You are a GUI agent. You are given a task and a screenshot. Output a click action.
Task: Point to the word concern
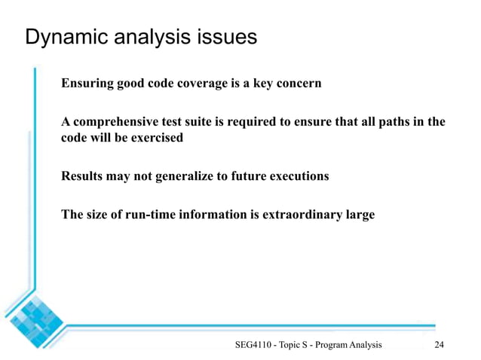pyautogui.click(x=297, y=83)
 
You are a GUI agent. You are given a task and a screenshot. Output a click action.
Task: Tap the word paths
pyautogui.click(x=389, y=122)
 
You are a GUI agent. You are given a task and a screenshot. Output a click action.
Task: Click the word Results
pyautogui.click(x=82, y=176)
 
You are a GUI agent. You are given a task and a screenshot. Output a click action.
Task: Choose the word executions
pyautogui.click(x=297, y=176)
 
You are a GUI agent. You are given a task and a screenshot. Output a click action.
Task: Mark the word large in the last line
pyautogui.click(x=359, y=215)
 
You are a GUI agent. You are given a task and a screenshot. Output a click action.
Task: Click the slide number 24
pyautogui.click(x=440, y=345)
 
